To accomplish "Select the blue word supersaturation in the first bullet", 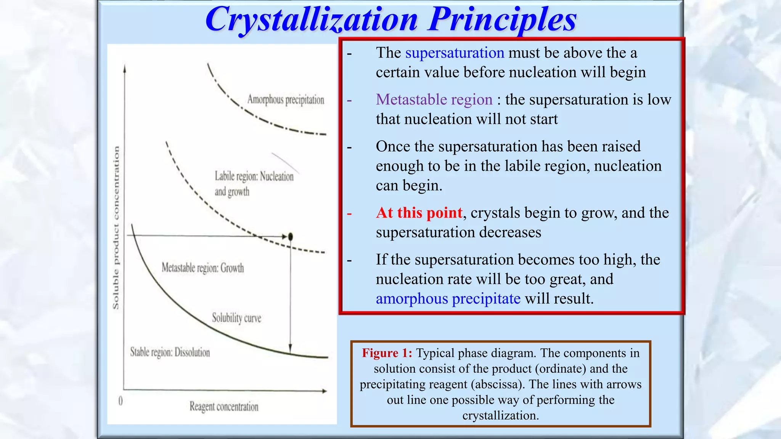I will [x=455, y=53].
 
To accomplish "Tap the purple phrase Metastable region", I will [x=434, y=99].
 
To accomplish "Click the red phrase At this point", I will [x=419, y=213].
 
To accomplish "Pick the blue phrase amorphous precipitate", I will [x=448, y=298].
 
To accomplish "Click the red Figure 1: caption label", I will [x=387, y=353].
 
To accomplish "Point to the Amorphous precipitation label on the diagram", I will [x=286, y=100].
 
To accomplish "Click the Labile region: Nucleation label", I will [x=254, y=176].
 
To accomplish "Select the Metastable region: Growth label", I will [x=202, y=268].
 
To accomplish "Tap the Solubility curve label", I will [x=236, y=318].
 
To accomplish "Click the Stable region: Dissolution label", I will [x=170, y=352].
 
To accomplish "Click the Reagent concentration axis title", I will [x=224, y=407].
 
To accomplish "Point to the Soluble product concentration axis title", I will [x=116, y=228].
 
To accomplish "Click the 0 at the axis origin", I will [x=121, y=401].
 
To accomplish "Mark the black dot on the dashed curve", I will [x=291, y=237].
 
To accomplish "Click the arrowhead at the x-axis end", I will [x=325, y=391].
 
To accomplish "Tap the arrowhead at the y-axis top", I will [x=125, y=68].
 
